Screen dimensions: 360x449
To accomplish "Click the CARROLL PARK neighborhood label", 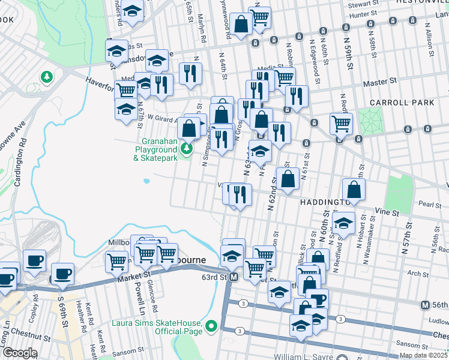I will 410,103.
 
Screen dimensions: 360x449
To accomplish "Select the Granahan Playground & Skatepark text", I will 155,152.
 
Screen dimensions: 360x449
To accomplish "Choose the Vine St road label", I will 387,213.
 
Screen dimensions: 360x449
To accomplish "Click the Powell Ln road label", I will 142,298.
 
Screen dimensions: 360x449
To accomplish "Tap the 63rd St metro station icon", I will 234,277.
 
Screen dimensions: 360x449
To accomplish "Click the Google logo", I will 19,353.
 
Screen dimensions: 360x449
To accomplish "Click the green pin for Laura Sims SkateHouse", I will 211,327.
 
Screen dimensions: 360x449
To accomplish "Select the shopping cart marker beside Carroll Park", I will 341,124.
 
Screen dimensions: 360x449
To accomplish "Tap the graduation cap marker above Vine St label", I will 343,223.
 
